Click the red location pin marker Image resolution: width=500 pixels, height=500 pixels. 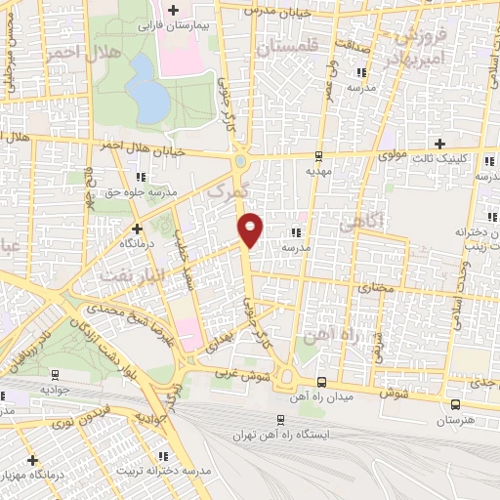[252, 229]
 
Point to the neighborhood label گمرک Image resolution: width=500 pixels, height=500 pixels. [231, 185]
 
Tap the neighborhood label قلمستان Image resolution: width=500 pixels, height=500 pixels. [289, 43]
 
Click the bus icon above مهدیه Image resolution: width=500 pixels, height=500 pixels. [318, 155]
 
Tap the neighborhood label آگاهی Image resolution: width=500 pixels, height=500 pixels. [358, 224]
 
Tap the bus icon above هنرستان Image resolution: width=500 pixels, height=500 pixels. [455, 404]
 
